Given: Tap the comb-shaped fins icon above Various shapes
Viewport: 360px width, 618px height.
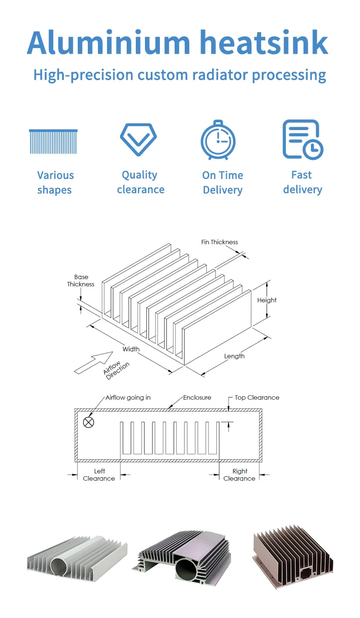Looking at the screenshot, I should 53,142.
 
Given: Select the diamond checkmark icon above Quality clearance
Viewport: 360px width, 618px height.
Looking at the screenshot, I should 139,140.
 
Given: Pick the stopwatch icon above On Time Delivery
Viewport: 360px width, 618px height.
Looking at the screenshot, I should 218,141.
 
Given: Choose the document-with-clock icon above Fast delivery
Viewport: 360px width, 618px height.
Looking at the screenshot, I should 302,140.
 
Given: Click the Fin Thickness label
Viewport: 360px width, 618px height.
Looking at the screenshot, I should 219,242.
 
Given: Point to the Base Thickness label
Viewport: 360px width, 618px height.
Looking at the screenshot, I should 81,281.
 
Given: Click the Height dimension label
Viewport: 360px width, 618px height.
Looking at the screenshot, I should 267,300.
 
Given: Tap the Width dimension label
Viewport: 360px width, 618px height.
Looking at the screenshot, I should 131,349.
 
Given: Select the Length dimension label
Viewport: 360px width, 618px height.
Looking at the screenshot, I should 234,356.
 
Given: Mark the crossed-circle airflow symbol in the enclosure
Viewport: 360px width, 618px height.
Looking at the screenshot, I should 89,422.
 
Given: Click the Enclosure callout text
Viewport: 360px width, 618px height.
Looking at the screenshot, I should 197,398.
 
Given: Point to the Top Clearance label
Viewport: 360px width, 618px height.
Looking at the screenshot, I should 257,398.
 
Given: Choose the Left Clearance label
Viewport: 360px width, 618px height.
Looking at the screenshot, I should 99,475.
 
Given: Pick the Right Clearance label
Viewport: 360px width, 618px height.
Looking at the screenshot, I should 240,475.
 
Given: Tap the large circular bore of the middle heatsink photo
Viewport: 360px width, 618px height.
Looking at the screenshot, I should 189,570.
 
